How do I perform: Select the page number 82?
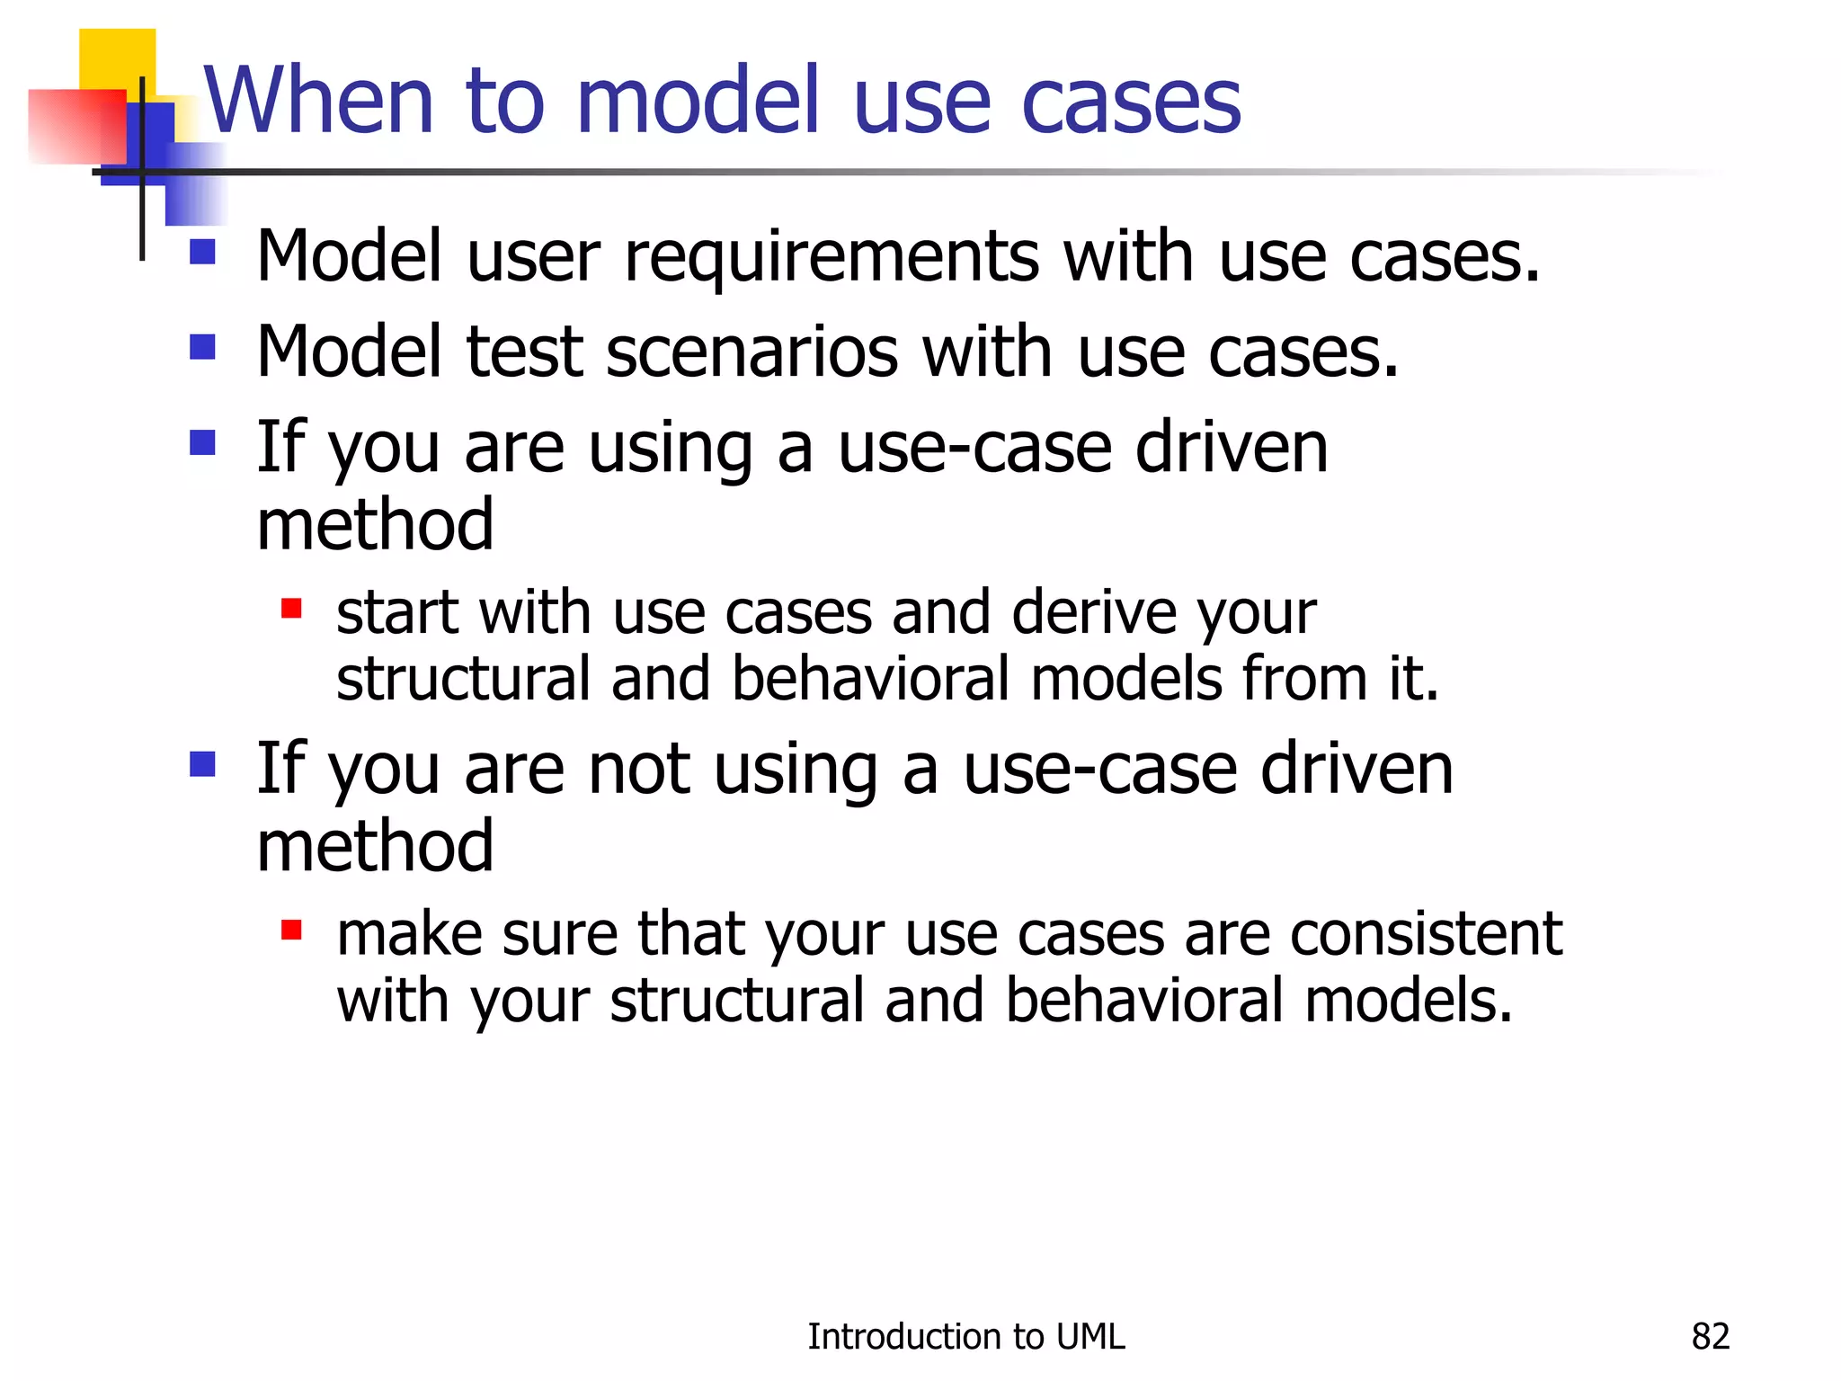(x=1710, y=1337)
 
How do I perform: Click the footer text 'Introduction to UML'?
(x=965, y=1337)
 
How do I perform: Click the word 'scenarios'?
(x=752, y=352)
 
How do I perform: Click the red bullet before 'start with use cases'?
(x=290, y=610)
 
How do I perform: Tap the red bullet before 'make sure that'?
(x=290, y=930)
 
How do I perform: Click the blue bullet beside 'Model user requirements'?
(x=203, y=251)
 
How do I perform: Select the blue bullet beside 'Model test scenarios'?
(x=203, y=346)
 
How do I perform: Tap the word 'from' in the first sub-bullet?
(x=1305, y=680)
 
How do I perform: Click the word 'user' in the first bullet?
(x=533, y=258)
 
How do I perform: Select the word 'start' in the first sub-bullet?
(x=397, y=614)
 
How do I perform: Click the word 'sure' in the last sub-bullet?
(x=560, y=935)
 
